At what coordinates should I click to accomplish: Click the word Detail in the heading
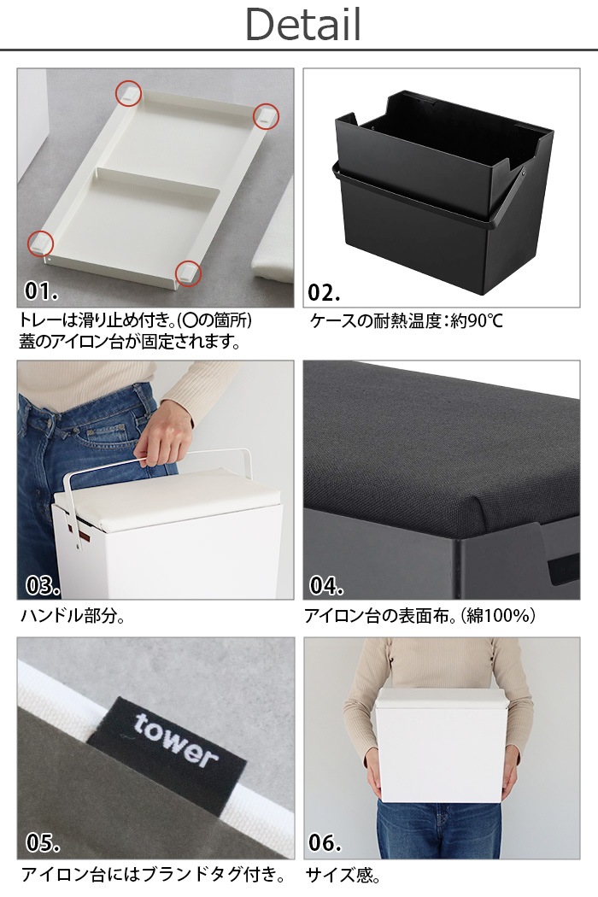(x=303, y=25)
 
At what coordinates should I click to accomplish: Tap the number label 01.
(x=41, y=291)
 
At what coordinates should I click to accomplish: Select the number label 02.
(x=324, y=292)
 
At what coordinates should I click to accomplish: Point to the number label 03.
(x=42, y=586)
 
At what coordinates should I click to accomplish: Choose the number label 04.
(x=326, y=586)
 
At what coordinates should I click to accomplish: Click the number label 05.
(x=42, y=842)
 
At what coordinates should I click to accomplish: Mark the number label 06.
(x=325, y=842)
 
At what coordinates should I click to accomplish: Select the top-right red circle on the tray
(x=266, y=116)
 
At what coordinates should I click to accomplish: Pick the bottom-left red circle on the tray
(x=41, y=243)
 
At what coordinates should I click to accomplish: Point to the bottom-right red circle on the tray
(x=188, y=273)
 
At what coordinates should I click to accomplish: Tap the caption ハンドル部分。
(x=73, y=616)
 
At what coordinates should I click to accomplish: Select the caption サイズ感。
(x=343, y=875)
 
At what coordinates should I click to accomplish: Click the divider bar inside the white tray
(x=157, y=181)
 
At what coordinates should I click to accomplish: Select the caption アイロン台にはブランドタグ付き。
(x=154, y=875)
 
